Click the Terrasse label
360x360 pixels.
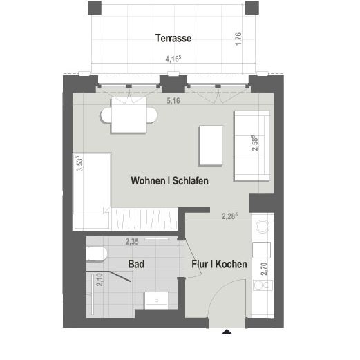(x=173, y=39)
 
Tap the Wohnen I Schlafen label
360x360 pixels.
(x=169, y=180)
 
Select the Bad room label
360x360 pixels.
(x=136, y=264)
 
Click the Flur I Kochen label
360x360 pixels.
(x=219, y=264)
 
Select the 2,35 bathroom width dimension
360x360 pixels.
(x=133, y=242)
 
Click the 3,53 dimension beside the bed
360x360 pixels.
(x=79, y=164)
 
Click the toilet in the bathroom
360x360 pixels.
(x=96, y=255)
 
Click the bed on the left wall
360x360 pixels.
(x=92, y=190)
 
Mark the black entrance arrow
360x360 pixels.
(x=225, y=333)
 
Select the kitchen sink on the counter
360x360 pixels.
(x=263, y=227)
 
